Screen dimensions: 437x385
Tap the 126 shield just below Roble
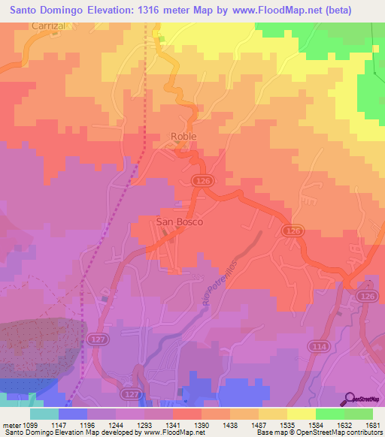(x=201, y=181)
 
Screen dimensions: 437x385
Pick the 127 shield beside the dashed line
(x=94, y=340)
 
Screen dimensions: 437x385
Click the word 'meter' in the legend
(x=10, y=424)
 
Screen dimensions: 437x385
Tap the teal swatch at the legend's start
(x=44, y=414)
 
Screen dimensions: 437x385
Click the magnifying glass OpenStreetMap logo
(x=350, y=400)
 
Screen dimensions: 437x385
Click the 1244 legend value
(x=105, y=424)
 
